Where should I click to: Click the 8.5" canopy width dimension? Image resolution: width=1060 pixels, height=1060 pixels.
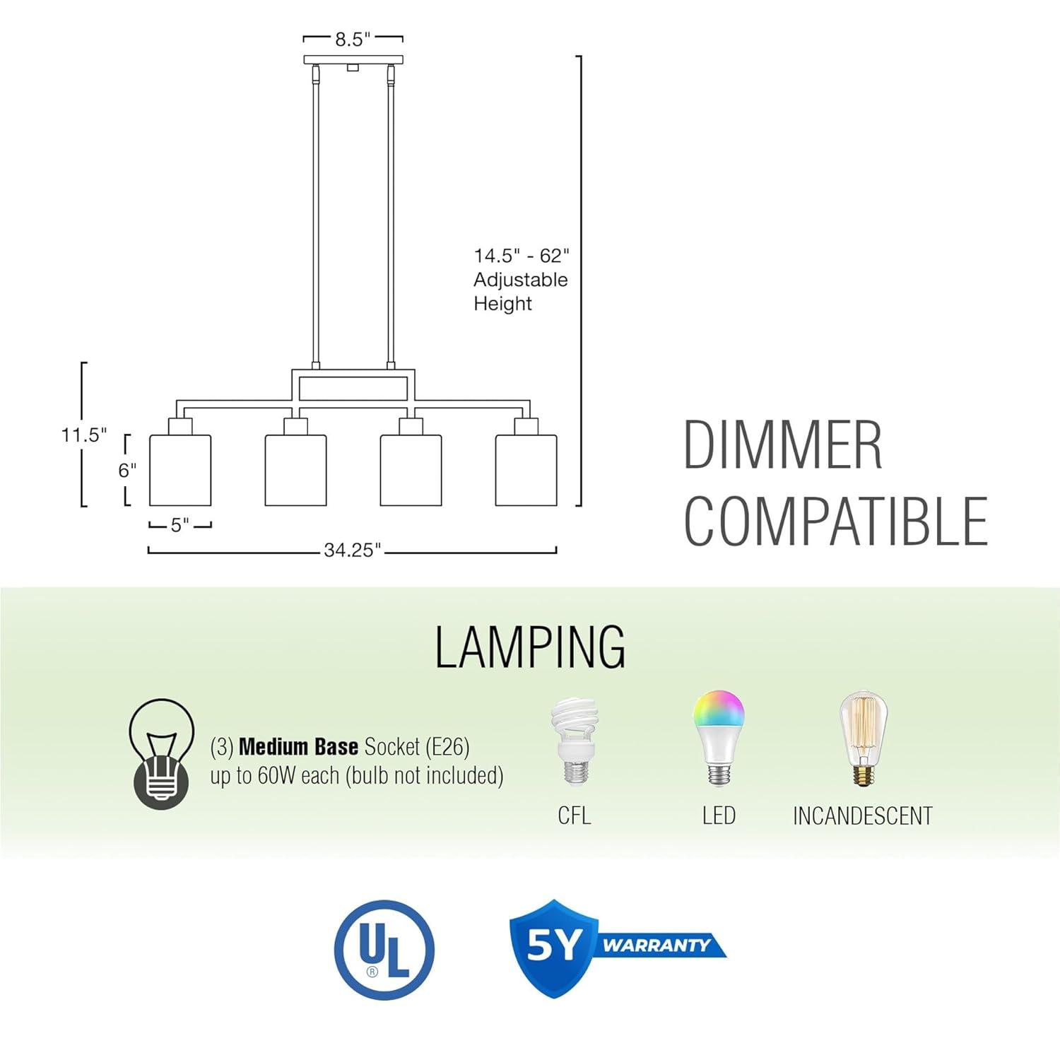pyautogui.click(x=353, y=39)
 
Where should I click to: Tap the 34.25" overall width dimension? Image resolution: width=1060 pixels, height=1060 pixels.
pyautogui.click(x=352, y=550)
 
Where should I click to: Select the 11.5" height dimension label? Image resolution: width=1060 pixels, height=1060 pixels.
pyautogui.click(x=83, y=435)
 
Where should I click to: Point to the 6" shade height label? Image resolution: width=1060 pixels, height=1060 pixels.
pyautogui.click(x=127, y=470)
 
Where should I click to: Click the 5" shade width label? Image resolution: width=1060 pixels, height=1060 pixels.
pyautogui.click(x=180, y=525)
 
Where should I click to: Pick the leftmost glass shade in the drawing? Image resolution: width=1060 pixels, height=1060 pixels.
pyautogui.click(x=180, y=470)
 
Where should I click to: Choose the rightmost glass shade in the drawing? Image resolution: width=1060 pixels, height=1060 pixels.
pyautogui.click(x=526, y=470)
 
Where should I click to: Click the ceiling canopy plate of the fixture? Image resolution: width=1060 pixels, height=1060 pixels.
pyautogui.click(x=353, y=60)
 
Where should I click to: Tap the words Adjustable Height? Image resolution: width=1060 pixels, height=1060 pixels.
pyautogui.click(x=521, y=291)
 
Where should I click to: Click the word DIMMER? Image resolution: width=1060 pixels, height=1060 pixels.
pyautogui.click(x=783, y=444)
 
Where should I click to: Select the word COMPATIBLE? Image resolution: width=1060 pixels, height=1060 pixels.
pyautogui.click(x=835, y=521)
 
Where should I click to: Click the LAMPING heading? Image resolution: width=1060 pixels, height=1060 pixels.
pyautogui.click(x=530, y=647)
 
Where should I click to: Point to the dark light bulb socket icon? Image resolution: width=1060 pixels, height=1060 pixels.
pyautogui.click(x=161, y=753)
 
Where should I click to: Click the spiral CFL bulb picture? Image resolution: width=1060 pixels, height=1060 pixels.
pyautogui.click(x=575, y=741)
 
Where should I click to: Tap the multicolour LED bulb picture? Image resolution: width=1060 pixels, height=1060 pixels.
pyautogui.click(x=719, y=738)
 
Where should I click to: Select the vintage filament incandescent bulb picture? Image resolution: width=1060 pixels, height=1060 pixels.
pyautogui.click(x=863, y=738)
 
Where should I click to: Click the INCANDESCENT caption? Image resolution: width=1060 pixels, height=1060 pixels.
pyautogui.click(x=863, y=816)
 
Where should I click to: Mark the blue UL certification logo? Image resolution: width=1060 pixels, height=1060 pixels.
pyautogui.click(x=384, y=949)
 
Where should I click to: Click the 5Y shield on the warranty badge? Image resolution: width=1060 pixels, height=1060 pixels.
pyautogui.click(x=553, y=947)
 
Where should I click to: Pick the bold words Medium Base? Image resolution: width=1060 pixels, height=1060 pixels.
pyautogui.click(x=298, y=747)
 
